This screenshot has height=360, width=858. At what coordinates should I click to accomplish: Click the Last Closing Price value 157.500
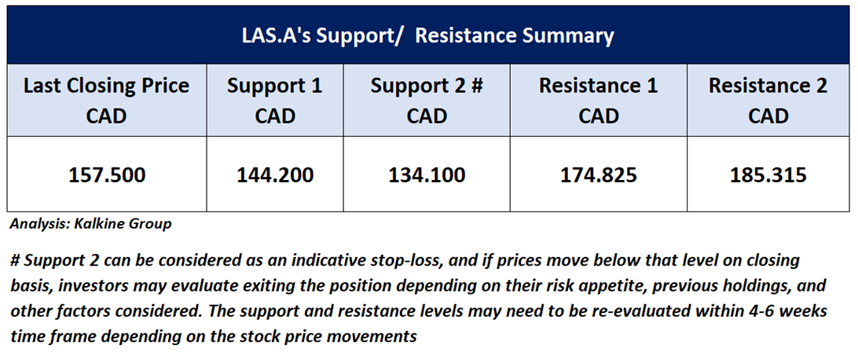pyautogui.click(x=107, y=175)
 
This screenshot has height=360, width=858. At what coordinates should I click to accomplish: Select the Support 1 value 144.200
pyautogui.click(x=275, y=175)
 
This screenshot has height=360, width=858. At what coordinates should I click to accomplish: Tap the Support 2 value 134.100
pyautogui.click(x=427, y=175)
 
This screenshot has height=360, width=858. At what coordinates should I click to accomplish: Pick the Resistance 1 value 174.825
pyautogui.click(x=599, y=175)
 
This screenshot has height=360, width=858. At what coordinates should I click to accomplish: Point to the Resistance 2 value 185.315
pyautogui.click(x=768, y=175)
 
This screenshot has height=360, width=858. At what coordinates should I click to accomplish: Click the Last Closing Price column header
pyautogui.click(x=107, y=101)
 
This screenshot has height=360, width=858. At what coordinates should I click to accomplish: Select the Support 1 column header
pyautogui.click(x=275, y=101)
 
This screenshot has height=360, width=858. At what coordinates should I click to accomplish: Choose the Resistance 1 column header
pyautogui.click(x=599, y=101)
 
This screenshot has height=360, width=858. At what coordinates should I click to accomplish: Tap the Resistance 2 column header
pyautogui.click(x=768, y=101)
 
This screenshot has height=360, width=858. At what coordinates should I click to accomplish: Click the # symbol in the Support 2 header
pyautogui.click(x=477, y=86)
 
